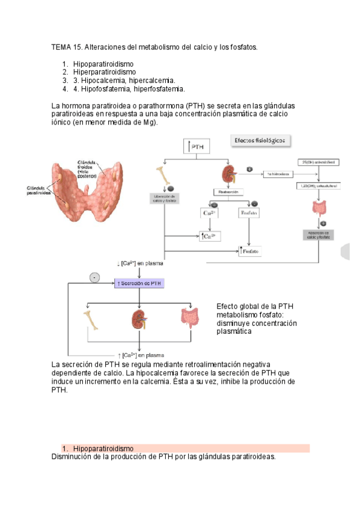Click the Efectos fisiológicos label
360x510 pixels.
[x=258, y=140]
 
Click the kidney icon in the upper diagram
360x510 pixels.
[x=228, y=175]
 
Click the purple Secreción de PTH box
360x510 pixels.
[x=139, y=283]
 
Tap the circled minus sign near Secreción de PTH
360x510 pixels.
[x=94, y=277]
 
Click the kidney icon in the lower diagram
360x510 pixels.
[x=140, y=319]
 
